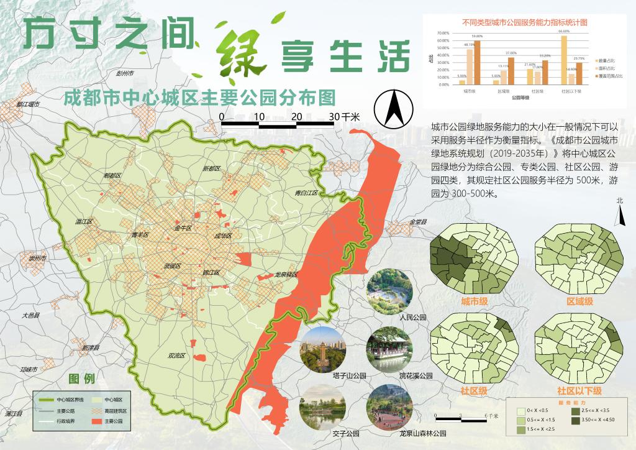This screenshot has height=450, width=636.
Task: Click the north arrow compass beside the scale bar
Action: [x=392, y=108]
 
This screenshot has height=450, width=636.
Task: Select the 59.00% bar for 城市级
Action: [x=477, y=63]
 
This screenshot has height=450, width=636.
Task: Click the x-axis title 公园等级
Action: [x=520, y=98]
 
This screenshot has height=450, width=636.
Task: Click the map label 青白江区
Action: [x=306, y=193]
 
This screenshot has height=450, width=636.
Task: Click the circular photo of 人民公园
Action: [x=389, y=291]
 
